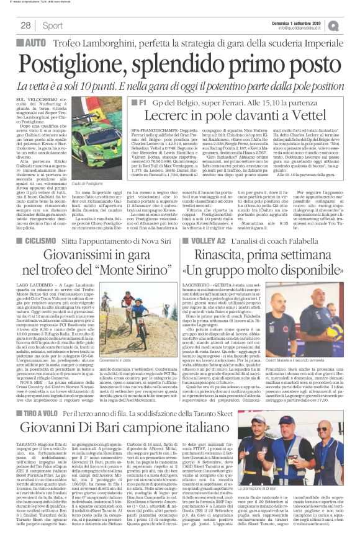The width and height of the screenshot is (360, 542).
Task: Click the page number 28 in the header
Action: tap(26, 25)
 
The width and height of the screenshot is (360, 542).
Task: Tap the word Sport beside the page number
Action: tap(53, 25)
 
